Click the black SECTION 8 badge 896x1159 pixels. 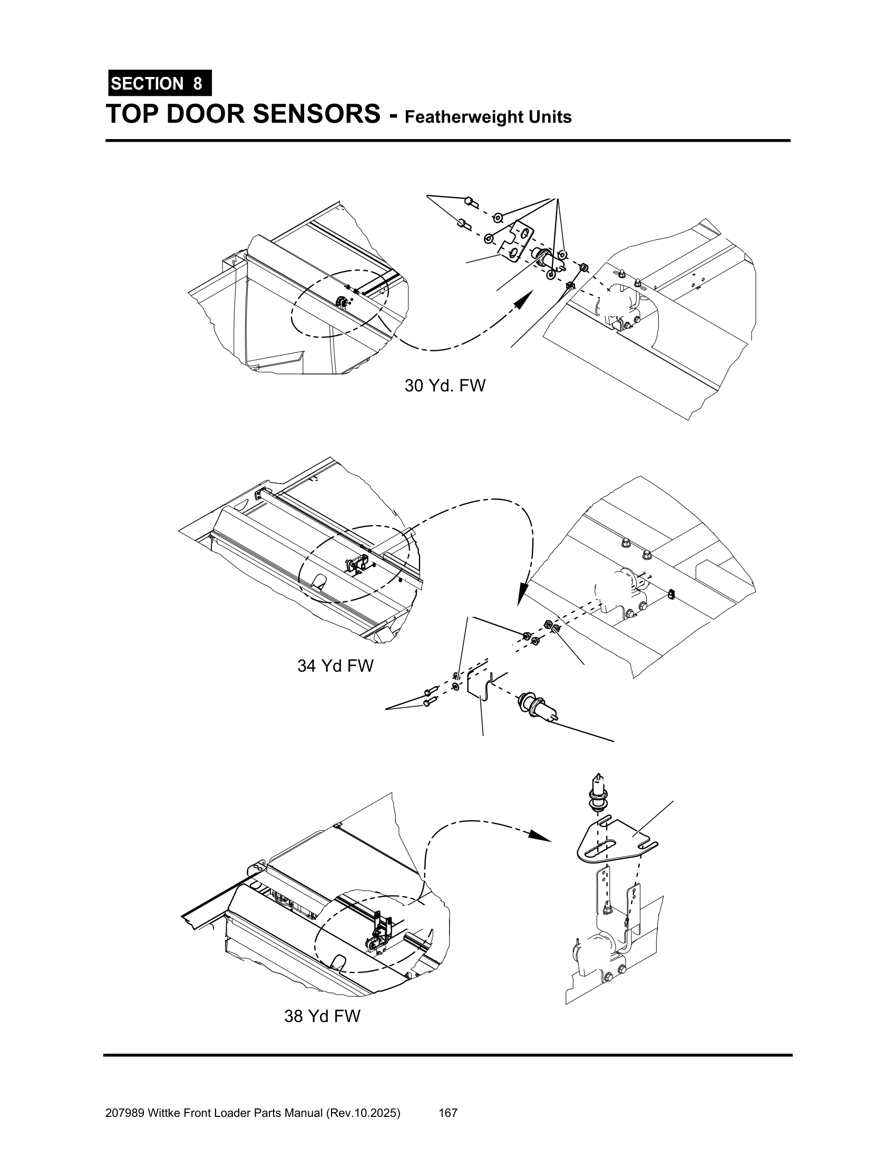(160, 83)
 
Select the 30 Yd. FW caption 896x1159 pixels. (445, 385)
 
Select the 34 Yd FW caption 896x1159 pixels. (335, 665)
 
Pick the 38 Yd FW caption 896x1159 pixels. (322, 1016)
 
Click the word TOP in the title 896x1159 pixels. (133, 114)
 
